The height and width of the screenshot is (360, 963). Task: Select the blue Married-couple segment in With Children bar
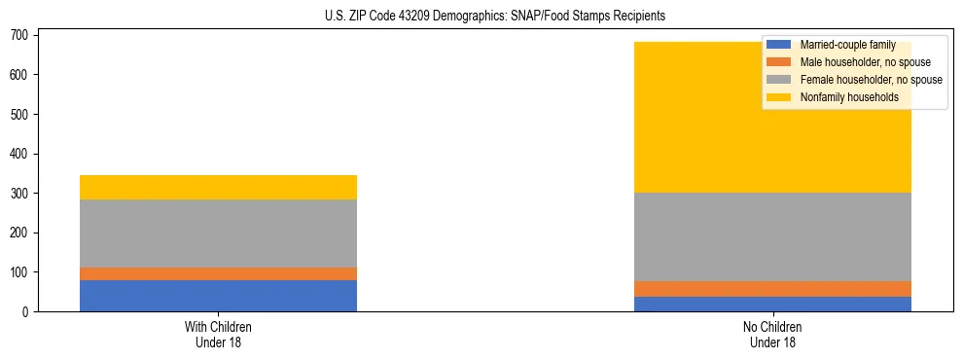click(x=218, y=296)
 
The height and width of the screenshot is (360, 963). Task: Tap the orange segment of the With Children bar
click(x=218, y=273)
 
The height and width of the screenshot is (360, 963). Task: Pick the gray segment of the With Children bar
click(x=218, y=234)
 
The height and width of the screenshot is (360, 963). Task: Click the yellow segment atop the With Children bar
click(x=218, y=187)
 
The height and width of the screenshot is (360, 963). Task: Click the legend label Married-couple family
click(x=848, y=45)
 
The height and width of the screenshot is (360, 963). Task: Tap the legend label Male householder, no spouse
click(x=865, y=62)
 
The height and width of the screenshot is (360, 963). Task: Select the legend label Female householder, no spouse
click(x=871, y=80)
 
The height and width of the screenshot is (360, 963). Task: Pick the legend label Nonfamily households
click(x=848, y=97)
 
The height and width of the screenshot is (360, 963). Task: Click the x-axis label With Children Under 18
click(x=218, y=335)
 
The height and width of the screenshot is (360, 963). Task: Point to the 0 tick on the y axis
click(x=27, y=312)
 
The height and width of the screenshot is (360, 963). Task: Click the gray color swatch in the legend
click(x=779, y=80)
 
